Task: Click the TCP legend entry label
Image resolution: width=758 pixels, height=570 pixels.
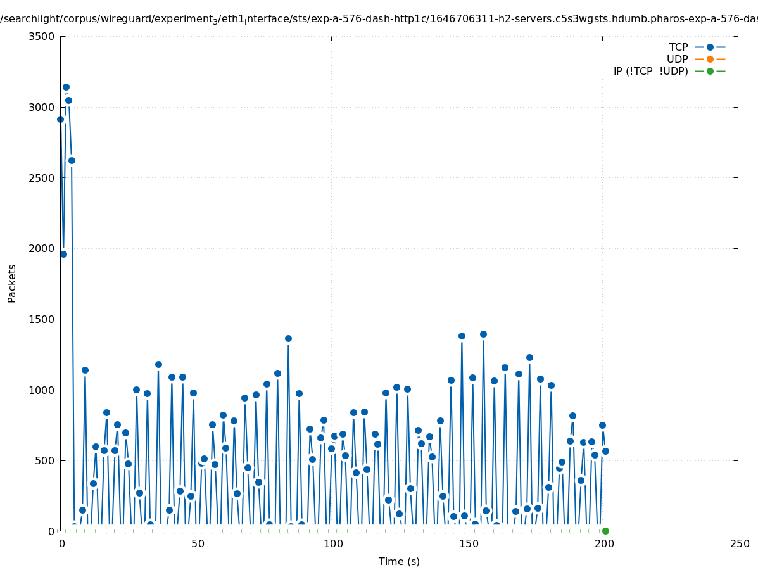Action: [x=678, y=47]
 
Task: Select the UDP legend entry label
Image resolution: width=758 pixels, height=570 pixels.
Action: [x=677, y=59]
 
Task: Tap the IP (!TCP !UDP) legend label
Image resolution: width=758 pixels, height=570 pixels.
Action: [x=650, y=71]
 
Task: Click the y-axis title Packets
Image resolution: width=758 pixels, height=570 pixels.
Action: [x=12, y=283]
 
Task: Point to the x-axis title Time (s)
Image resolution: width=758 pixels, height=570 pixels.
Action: [x=399, y=561]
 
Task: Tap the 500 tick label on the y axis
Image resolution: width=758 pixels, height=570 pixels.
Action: [x=46, y=460]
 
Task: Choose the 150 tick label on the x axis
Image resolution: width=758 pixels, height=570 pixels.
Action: [x=467, y=543]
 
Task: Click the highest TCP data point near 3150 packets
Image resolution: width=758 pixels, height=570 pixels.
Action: [x=66, y=87]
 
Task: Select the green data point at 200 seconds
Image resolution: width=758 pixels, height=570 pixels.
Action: [x=605, y=531]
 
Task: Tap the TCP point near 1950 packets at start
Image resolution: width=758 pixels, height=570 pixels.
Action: [x=63, y=254]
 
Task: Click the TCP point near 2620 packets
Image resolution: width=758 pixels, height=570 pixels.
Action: [x=72, y=160]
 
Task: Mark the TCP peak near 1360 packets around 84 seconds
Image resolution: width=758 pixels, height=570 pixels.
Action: [x=288, y=338]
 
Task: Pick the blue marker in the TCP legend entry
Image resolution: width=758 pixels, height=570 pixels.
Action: [x=710, y=47]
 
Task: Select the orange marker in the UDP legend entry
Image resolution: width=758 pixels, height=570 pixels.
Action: [x=710, y=59]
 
